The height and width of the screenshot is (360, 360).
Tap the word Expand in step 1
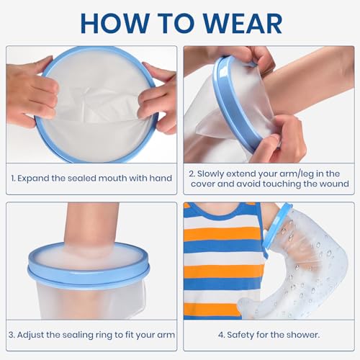click(33, 179)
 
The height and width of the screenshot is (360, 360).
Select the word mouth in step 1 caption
click(112, 179)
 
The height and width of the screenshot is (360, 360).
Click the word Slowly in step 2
click(210, 174)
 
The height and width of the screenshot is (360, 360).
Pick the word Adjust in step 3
click(30, 335)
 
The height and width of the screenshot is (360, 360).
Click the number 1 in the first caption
click(13, 179)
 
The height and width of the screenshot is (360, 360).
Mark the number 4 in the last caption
click(221, 335)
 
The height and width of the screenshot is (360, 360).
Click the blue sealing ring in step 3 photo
click(89, 270)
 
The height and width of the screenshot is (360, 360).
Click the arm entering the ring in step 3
click(90, 228)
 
